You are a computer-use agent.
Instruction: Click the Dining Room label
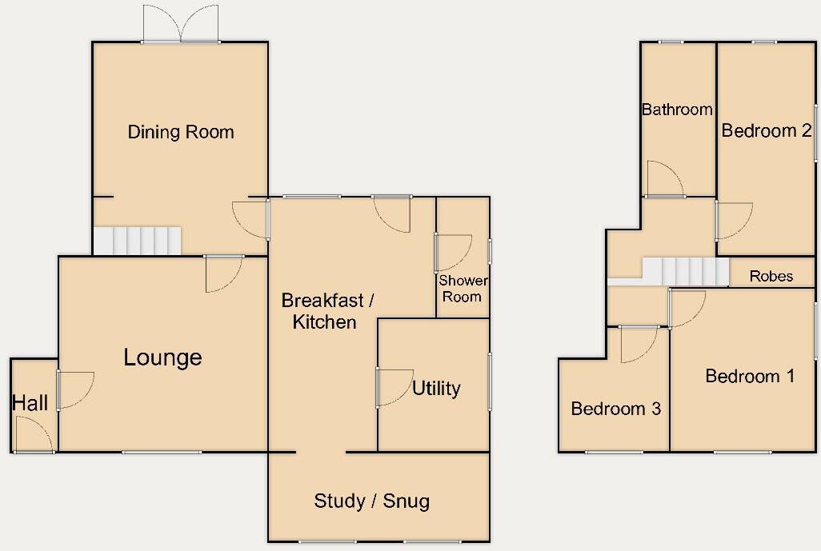coord(181,132)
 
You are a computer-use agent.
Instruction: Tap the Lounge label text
coord(162,357)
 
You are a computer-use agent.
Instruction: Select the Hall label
coord(30,403)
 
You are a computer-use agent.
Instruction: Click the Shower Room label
coord(463,289)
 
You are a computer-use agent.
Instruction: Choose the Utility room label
coord(436,388)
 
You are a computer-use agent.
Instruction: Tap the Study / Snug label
coord(372,501)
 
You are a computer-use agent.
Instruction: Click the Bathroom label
coord(677,110)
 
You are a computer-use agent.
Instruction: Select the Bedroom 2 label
coord(767,130)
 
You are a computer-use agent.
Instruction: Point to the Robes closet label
coord(771,276)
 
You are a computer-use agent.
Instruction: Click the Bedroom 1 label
coord(750,376)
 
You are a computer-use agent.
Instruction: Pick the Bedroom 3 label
coord(615,409)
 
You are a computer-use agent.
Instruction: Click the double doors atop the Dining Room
coord(182,24)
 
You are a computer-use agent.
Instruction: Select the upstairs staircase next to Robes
coord(685,271)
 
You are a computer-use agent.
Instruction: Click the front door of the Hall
coord(34,436)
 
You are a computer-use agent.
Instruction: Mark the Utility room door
coord(393,387)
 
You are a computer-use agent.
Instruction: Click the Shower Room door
coord(452,252)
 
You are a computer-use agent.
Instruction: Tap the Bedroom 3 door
coord(639,344)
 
